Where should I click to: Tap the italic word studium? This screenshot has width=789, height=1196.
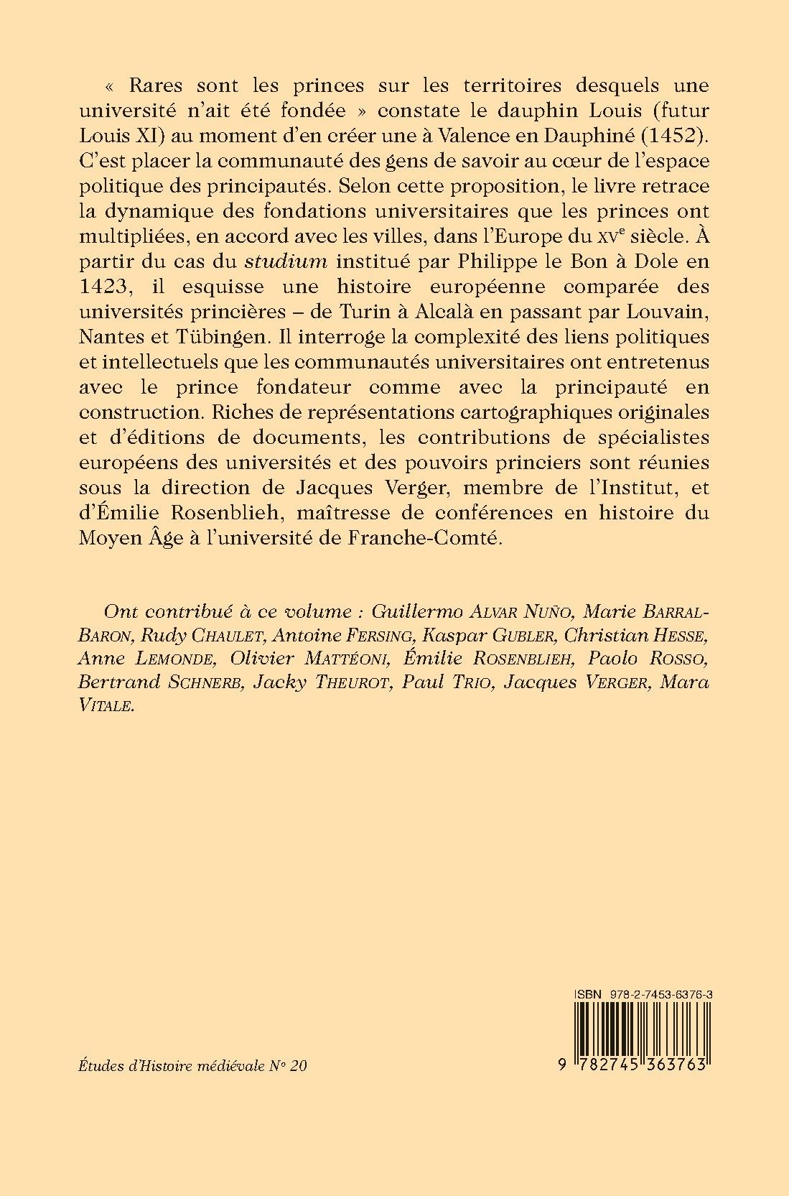tap(296, 261)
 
